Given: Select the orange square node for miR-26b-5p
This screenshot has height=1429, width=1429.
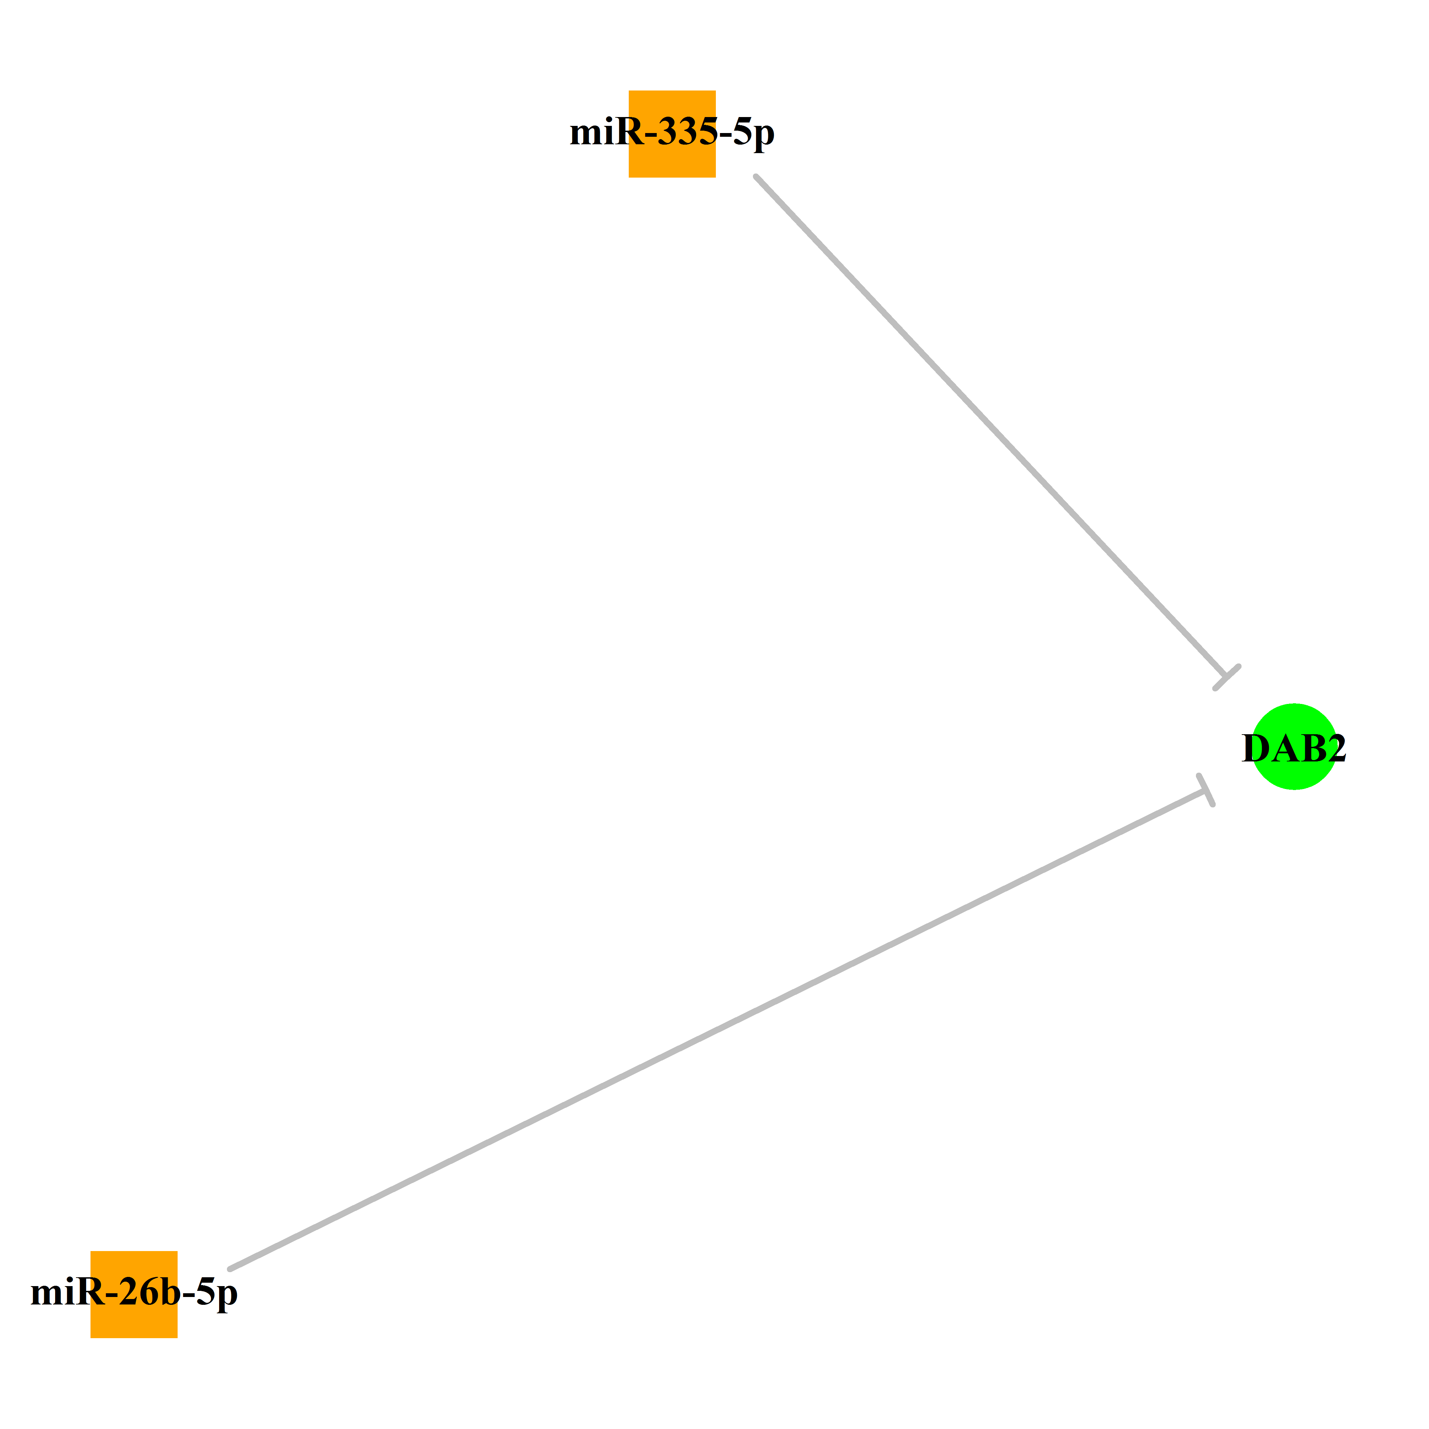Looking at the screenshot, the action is (x=134, y=1294).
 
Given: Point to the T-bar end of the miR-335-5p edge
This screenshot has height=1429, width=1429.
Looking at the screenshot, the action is (x=1227, y=677).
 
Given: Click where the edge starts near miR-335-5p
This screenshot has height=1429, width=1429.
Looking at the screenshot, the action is (x=756, y=177).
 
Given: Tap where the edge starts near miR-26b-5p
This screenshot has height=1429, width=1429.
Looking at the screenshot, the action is (x=230, y=1268).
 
